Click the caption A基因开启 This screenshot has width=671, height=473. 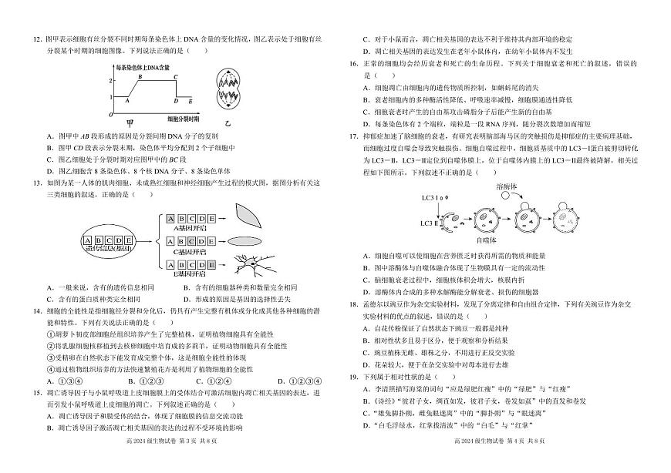pyautogui.click(x=190, y=228)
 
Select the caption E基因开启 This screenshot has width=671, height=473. pyautogui.click(x=190, y=274)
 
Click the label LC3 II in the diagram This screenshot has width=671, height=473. pyautogui.click(x=430, y=223)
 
